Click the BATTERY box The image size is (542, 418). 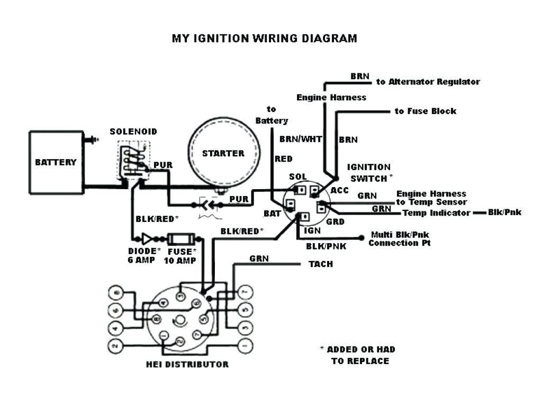tap(56, 162)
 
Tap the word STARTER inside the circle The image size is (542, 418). tap(223, 153)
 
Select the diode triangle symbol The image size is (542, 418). tap(147, 238)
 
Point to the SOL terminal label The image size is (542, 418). tap(297, 177)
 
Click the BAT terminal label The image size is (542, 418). tap(272, 213)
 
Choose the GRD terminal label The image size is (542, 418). tap(335, 222)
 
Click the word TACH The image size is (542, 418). tap(321, 264)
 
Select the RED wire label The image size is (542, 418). tap(283, 159)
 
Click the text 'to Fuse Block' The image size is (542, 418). tap(425, 112)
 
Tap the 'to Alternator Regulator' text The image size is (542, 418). tap(428, 82)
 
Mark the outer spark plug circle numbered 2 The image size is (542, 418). tap(114, 346)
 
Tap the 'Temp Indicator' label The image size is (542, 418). tap(436, 213)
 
